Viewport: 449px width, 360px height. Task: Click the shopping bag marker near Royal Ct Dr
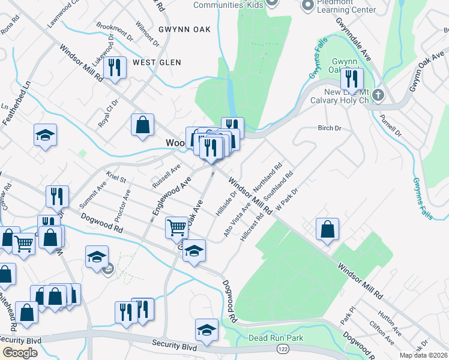click(143, 125)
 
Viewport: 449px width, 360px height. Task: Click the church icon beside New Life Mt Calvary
click(378, 95)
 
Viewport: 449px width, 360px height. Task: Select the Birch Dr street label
click(329, 128)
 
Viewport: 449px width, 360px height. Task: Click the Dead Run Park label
click(277, 338)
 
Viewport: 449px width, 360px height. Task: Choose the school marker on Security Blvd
click(206, 330)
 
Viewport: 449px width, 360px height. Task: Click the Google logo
click(20, 353)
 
